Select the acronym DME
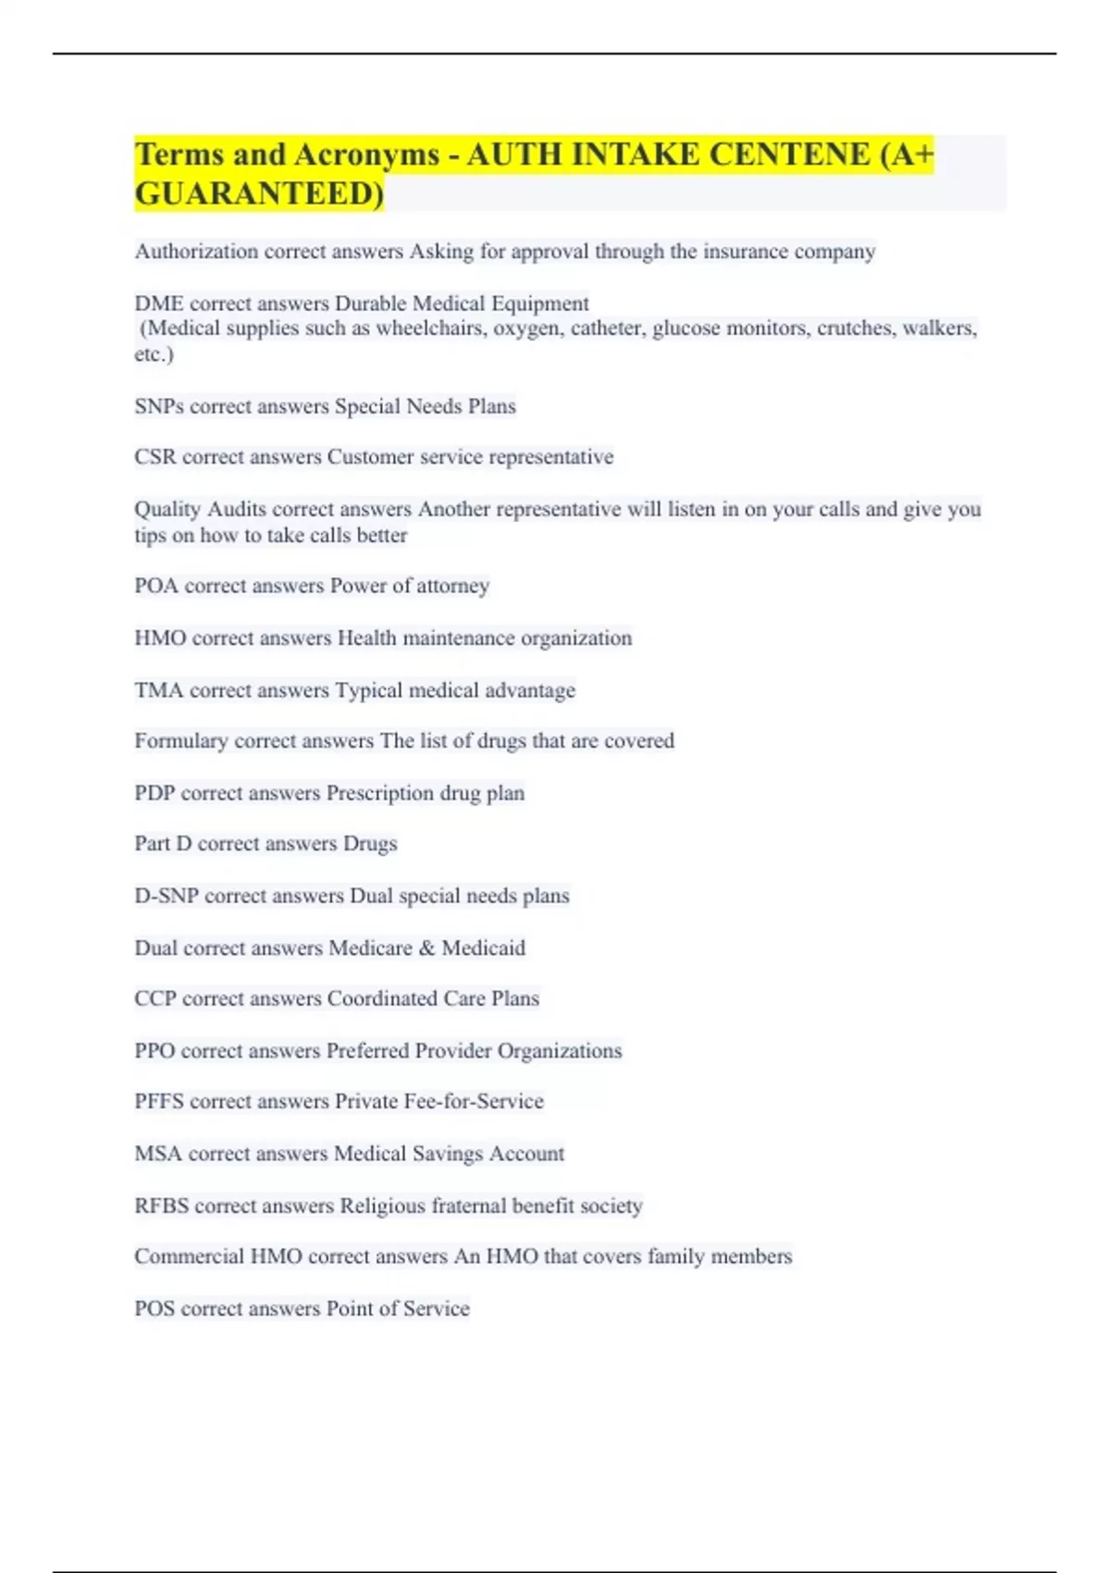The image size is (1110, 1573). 159,303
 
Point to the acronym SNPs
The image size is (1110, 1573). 159,406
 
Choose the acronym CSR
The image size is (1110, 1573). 155,457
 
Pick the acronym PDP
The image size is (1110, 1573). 154,793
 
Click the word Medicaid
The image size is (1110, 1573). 483,948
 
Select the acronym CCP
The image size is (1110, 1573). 155,998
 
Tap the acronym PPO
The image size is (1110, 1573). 154,1051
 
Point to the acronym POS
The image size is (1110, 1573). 154,1308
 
